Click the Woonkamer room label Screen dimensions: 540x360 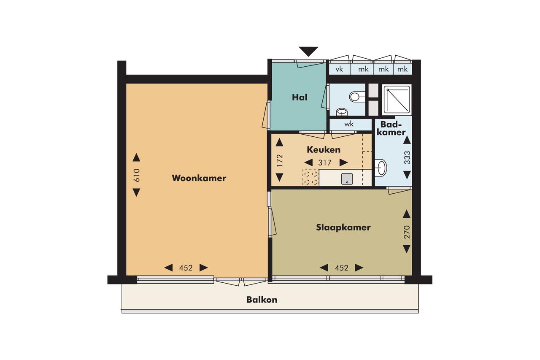click(x=199, y=178)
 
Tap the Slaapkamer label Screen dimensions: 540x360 click(x=343, y=227)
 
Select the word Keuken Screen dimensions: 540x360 click(x=324, y=149)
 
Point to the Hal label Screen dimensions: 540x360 click(x=300, y=97)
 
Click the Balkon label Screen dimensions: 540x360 click(x=262, y=300)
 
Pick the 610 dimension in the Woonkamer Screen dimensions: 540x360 click(x=136, y=175)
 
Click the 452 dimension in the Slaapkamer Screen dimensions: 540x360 click(x=341, y=268)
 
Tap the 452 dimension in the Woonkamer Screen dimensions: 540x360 click(x=186, y=268)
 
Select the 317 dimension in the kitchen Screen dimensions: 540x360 click(x=325, y=163)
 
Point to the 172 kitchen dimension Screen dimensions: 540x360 click(x=280, y=160)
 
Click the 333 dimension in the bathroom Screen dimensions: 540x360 click(x=407, y=157)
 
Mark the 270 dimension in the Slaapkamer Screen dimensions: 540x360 click(x=407, y=232)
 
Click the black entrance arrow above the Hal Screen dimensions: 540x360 click(x=308, y=51)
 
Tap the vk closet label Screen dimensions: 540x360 click(x=339, y=69)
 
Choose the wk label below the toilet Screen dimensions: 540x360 click(x=349, y=124)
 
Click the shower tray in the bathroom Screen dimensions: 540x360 click(x=397, y=100)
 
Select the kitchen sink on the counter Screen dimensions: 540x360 click(x=347, y=179)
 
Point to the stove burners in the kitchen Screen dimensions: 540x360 click(x=310, y=177)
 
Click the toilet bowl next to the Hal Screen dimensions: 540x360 click(x=357, y=97)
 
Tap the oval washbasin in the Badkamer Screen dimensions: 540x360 click(x=381, y=168)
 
